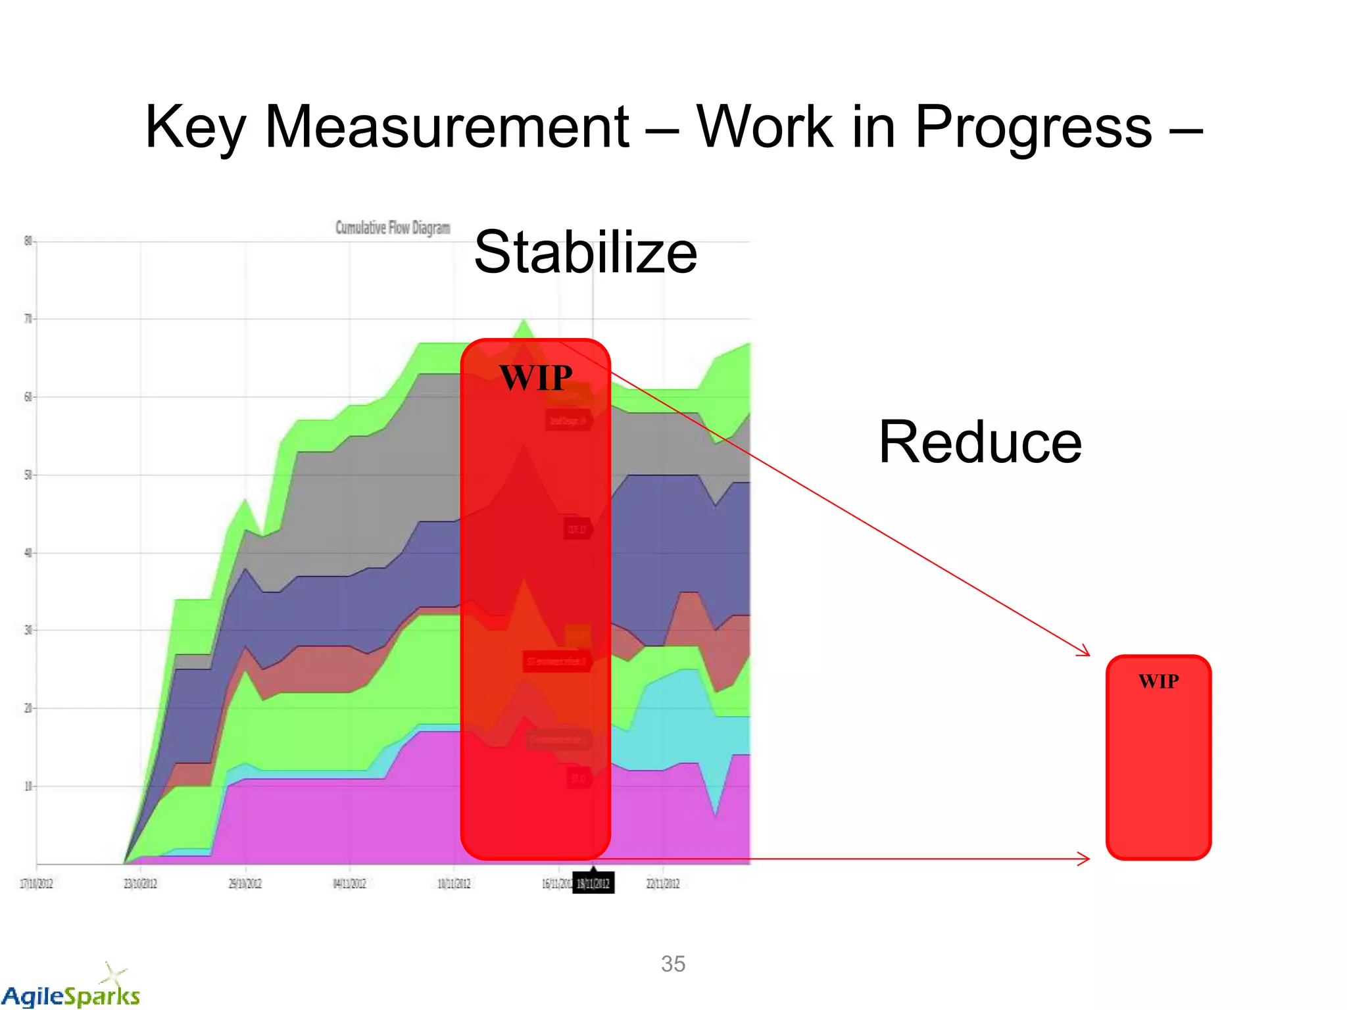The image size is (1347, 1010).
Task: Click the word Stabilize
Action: (585, 252)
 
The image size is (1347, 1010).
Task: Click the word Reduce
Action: (980, 442)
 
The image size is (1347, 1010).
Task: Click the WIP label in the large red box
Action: (535, 377)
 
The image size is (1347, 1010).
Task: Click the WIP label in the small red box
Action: (1159, 681)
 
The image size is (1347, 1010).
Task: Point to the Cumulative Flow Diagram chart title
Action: (393, 228)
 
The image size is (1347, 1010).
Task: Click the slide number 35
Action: (673, 964)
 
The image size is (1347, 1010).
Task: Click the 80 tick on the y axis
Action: (28, 241)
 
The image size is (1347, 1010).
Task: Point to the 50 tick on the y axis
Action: (28, 475)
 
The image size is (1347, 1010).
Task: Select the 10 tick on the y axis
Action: (28, 786)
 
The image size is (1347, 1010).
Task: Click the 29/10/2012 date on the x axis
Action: (245, 883)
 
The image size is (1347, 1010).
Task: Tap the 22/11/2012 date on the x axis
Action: (663, 883)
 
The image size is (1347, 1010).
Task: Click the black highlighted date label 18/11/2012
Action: (593, 883)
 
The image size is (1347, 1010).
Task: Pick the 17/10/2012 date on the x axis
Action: (36, 883)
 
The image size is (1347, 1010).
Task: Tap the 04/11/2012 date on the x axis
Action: (349, 883)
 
